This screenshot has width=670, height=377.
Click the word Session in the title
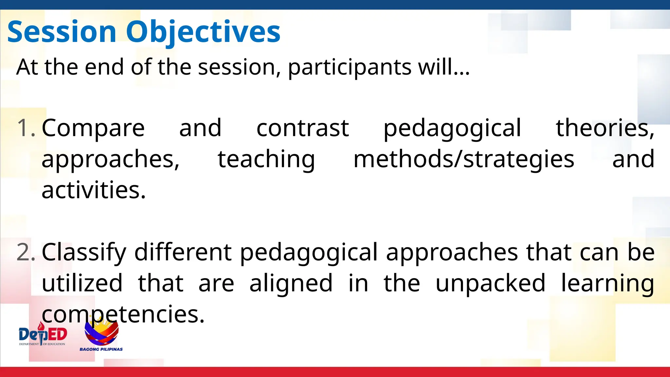pos(62,32)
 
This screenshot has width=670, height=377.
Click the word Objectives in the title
pos(203,32)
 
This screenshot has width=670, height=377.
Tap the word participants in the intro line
pos(349,67)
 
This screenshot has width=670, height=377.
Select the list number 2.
pos(26,252)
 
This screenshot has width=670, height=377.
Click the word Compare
pos(93,128)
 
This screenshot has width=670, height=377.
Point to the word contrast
pos(302,128)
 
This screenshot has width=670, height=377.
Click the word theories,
pos(605,128)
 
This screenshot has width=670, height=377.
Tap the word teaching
pos(266,159)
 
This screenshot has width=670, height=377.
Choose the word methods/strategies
pos(464,159)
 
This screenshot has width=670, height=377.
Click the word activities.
pos(93,190)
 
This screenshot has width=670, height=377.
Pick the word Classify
pos(84,252)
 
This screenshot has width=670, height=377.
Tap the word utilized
pos(82,283)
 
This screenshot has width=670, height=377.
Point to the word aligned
pos(291,283)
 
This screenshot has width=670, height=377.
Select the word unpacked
pos(490,283)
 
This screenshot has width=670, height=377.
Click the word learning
pos(608,283)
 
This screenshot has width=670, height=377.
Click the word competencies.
pos(123,314)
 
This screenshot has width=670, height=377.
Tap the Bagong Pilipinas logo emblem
pos(101,332)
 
